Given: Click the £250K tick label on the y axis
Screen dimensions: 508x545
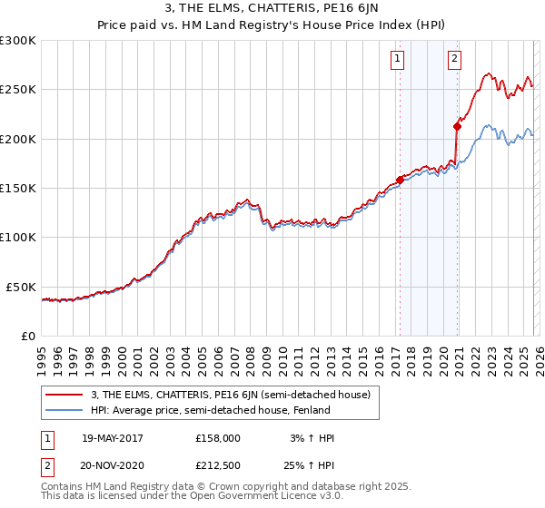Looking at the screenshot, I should click(x=18, y=90).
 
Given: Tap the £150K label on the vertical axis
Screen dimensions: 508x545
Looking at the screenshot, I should click(x=18, y=189).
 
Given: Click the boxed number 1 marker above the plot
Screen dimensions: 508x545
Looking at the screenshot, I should click(x=399, y=60).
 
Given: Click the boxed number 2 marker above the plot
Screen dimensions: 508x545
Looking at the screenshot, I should click(x=455, y=60).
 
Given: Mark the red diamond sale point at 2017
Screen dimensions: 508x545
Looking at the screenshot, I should click(x=400, y=180).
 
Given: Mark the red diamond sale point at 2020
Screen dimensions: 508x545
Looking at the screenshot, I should click(x=456, y=126).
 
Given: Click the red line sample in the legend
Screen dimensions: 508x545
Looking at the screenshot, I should click(x=64, y=395).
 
